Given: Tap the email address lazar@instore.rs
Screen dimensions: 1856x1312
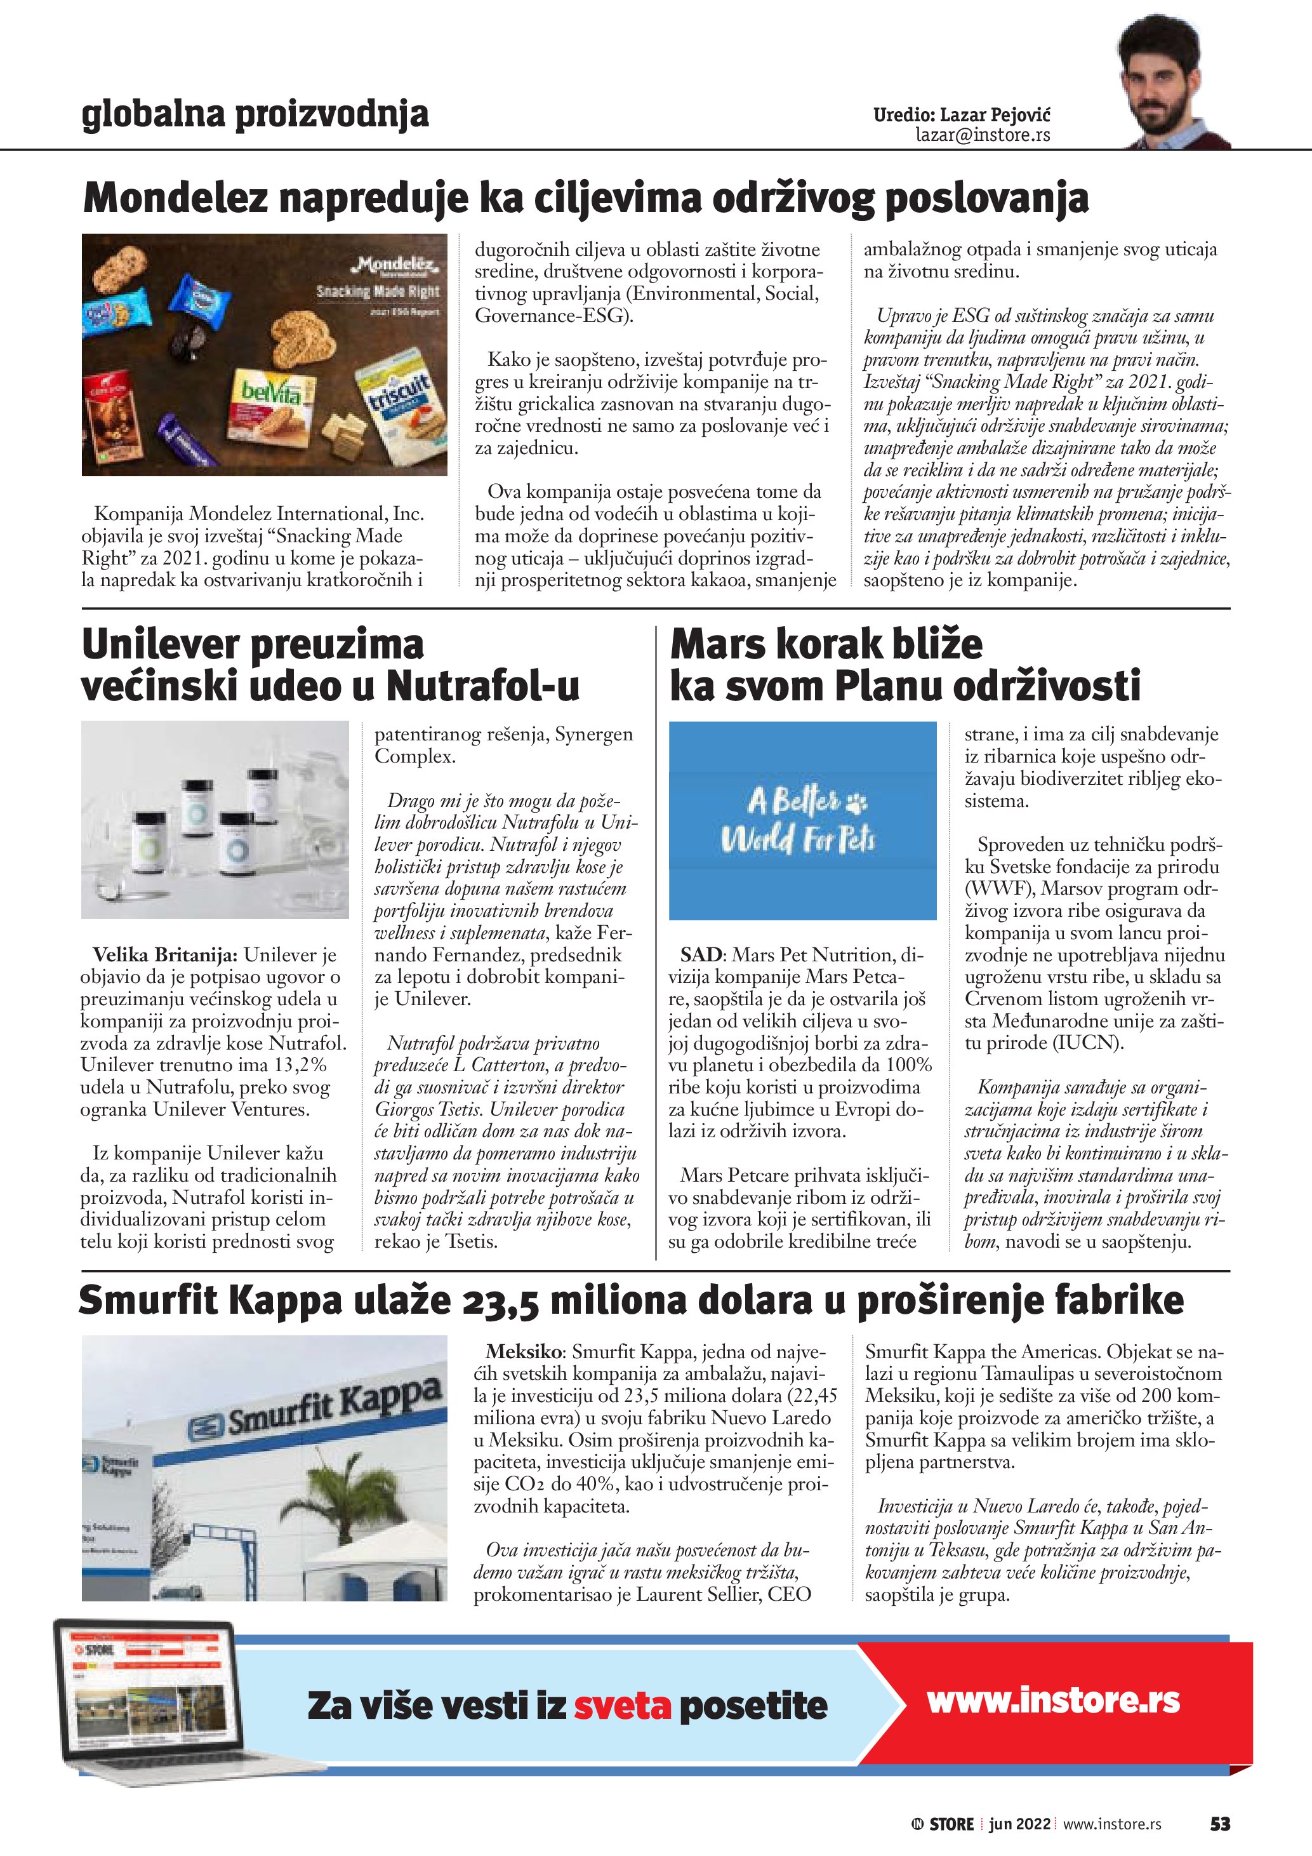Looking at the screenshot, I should coord(983,135).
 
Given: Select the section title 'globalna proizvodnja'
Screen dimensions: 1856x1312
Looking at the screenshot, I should coord(255,114).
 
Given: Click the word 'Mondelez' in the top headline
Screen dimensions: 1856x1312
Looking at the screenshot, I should coord(175,198).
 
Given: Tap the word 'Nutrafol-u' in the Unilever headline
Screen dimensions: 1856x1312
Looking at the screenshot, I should coord(483,686).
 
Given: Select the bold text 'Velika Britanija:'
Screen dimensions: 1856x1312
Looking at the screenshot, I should coord(165,956).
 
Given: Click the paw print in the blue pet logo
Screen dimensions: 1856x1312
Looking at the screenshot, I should coord(856,802).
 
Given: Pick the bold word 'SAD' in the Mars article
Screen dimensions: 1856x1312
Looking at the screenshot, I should coord(701,956).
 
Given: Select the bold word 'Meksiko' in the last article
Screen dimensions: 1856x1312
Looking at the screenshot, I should coord(524,1352).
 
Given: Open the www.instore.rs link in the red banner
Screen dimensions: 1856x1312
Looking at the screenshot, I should coord(1052,1700).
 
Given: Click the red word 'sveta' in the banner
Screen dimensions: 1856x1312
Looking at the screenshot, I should coord(622,1706).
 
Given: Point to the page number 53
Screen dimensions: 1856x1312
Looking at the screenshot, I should coord(1219,1824).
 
